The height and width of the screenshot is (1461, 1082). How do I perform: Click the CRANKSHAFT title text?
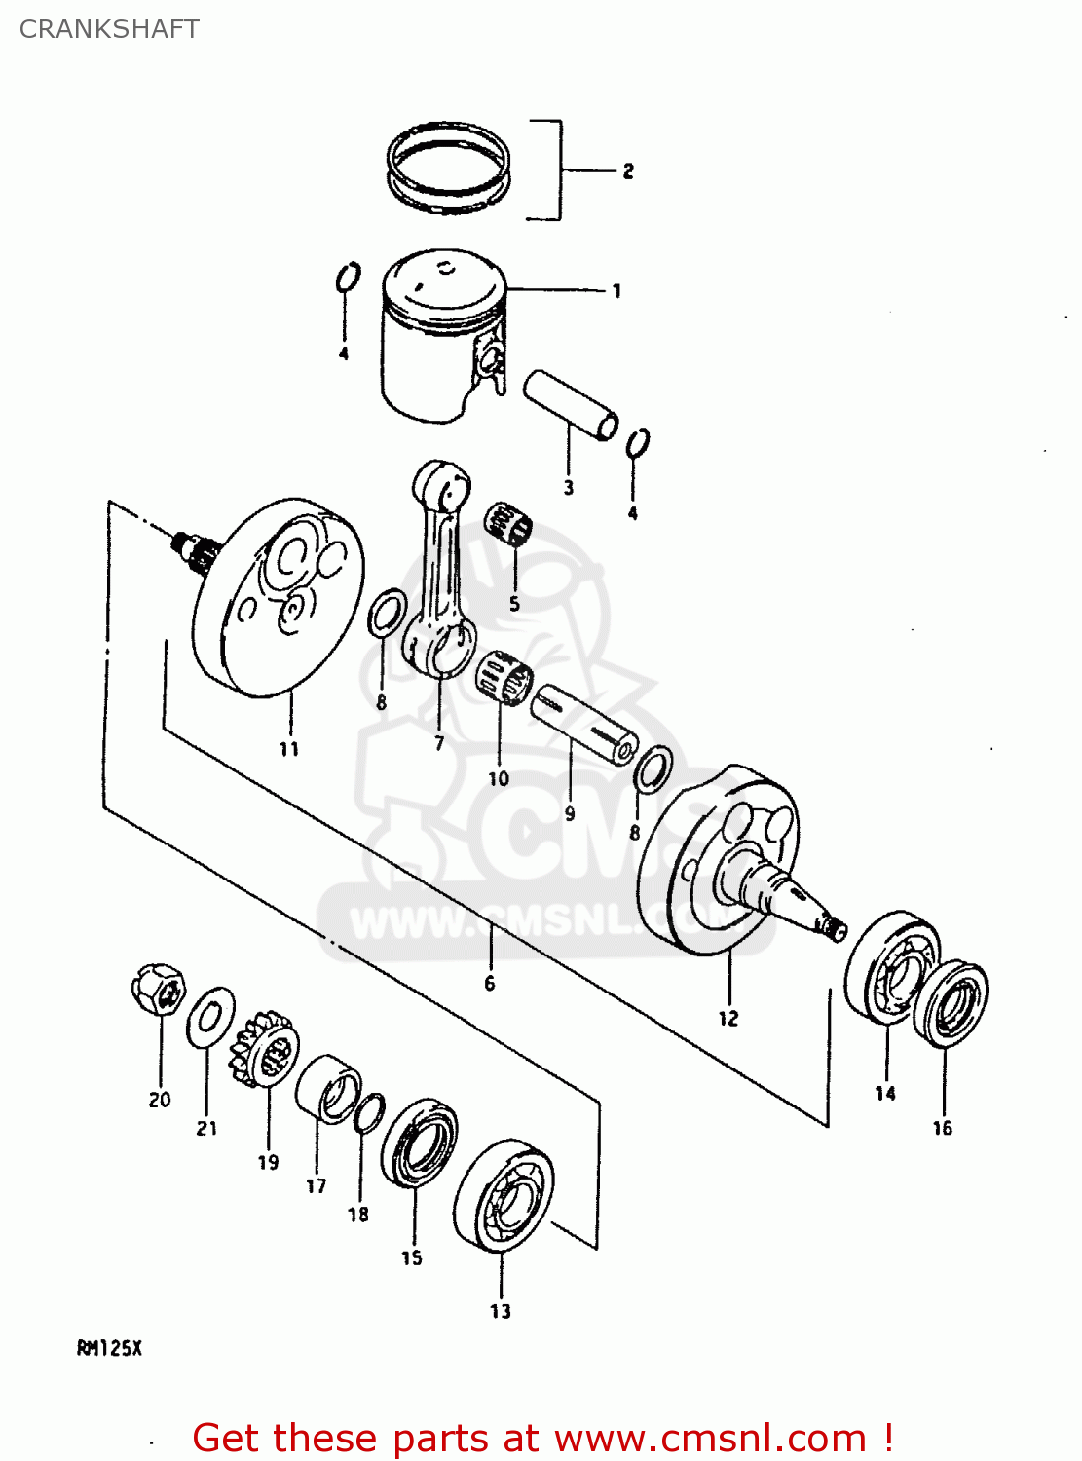point(109,29)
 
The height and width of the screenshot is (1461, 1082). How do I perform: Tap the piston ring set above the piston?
point(448,167)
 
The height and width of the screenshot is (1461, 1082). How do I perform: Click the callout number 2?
point(628,171)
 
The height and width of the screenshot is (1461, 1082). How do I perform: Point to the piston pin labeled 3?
point(571,404)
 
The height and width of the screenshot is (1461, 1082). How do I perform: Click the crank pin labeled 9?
point(583,725)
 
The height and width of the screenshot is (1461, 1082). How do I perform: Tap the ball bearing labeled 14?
point(891,966)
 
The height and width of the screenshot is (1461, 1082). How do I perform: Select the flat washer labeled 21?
point(209,1017)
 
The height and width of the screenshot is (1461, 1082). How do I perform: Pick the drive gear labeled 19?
point(263,1049)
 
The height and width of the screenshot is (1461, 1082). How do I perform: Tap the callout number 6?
point(490,984)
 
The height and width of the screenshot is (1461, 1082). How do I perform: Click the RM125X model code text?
point(109,1349)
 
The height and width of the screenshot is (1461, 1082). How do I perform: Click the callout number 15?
point(412,1258)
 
